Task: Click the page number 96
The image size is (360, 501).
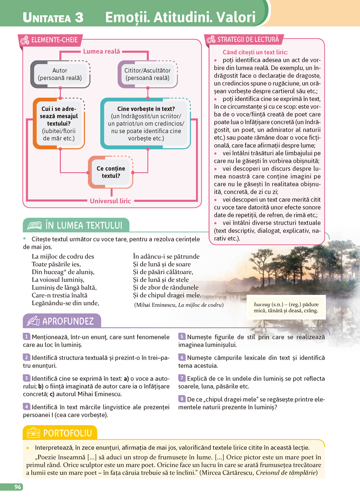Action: pyautogui.click(x=18, y=487)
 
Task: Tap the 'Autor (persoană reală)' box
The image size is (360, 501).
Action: pyautogui.click(x=60, y=74)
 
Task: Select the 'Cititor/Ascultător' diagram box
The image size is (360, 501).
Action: pyautogui.click(x=147, y=74)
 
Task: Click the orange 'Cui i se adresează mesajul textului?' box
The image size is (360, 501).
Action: pyautogui.click(x=59, y=123)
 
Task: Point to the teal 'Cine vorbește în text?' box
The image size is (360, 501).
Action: pyautogui.click(x=146, y=123)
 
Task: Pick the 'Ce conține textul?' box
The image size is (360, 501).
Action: pyautogui.click(x=111, y=172)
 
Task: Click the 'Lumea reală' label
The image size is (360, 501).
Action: pyautogui.click(x=101, y=51)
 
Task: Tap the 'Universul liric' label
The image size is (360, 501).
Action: pyautogui.click(x=110, y=201)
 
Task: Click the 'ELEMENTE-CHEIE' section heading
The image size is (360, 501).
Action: pyautogui.click(x=54, y=40)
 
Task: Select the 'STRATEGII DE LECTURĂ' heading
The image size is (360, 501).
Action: pyautogui.click(x=248, y=39)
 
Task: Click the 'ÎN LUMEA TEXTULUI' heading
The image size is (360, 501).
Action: pyautogui.click(x=84, y=225)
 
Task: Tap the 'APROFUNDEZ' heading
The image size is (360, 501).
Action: pyautogui.click(x=68, y=321)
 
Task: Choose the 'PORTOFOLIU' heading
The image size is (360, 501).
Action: pyautogui.click(x=67, y=433)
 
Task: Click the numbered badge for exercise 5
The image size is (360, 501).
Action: pyautogui.click(x=181, y=337)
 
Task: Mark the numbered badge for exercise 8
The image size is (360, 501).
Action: pyautogui.click(x=181, y=399)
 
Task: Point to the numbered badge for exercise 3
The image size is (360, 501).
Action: pyautogui.click(x=26, y=378)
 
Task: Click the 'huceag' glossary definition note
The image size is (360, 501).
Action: pyautogui.click(x=286, y=307)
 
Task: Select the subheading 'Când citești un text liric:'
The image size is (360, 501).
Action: pyautogui.click(x=255, y=52)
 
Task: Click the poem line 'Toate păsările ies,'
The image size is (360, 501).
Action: pyautogui.click(x=56, y=264)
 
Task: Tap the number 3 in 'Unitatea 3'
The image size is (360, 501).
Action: pyautogui.click(x=79, y=17)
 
